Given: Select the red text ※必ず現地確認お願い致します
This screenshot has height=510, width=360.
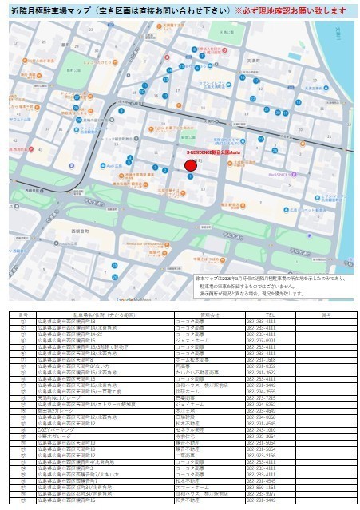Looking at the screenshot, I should tap(291, 11).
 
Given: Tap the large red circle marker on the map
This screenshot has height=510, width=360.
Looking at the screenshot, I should tap(190, 165).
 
